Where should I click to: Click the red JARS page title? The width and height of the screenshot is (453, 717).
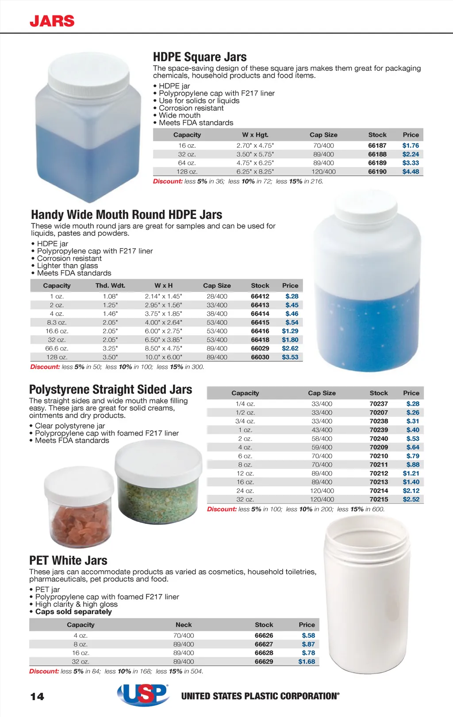(x=52, y=21)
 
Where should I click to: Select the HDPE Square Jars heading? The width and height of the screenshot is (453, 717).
(x=200, y=57)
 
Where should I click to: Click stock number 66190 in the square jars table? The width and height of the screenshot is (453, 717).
(x=377, y=172)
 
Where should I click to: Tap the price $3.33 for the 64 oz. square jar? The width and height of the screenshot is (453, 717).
(x=411, y=163)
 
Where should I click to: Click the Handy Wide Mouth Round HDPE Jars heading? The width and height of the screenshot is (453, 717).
(x=127, y=215)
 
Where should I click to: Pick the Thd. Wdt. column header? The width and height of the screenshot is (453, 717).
(x=110, y=286)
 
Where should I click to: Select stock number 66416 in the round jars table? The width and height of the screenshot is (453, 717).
(x=260, y=331)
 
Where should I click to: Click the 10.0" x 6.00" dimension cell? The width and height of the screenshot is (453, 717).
(x=163, y=357)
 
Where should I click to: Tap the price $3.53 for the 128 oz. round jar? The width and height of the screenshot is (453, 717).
(x=290, y=357)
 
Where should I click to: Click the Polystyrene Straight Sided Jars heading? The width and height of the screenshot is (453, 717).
(x=111, y=390)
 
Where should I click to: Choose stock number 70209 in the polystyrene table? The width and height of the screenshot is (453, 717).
(x=379, y=447)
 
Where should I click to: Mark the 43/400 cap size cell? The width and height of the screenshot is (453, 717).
(x=322, y=430)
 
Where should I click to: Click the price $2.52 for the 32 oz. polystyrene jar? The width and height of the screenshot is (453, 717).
(x=411, y=499)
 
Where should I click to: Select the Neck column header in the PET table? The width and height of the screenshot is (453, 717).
(x=184, y=625)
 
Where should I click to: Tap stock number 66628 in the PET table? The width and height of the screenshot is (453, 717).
(x=264, y=653)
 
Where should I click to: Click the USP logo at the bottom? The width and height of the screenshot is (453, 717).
(x=143, y=695)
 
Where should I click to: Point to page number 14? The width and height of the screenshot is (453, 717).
(x=37, y=697)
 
